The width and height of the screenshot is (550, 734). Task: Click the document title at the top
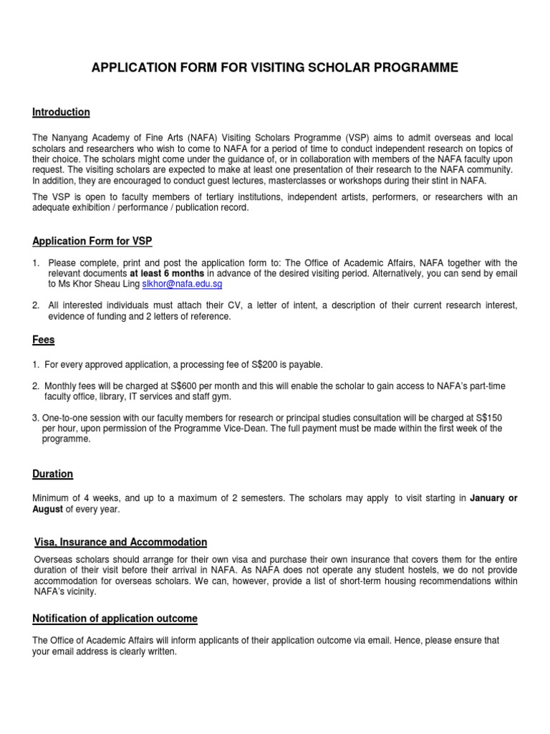274,68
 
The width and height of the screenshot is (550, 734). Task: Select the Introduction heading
61,113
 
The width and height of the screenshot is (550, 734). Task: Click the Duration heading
52,475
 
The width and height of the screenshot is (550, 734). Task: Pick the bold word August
47,510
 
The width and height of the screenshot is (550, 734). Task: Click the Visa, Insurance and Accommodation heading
121,543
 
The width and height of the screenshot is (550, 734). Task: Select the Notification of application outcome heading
115,619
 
